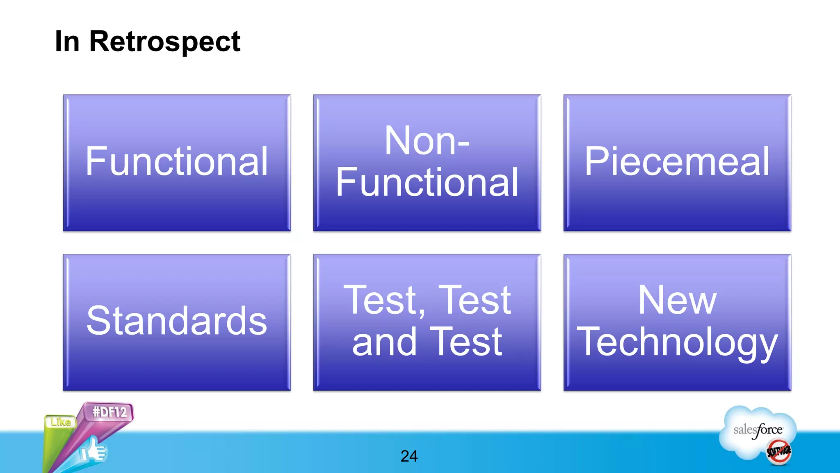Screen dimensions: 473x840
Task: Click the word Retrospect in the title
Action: click(164, 42)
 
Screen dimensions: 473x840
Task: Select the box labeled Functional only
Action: click(177, 162)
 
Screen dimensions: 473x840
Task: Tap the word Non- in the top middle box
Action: click(427, 141)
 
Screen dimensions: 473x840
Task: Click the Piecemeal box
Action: click(677, 162)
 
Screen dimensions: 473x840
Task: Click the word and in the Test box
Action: click(384, 342)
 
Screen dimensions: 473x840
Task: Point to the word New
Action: click(677, 301)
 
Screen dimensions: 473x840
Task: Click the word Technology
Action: click(677, 342)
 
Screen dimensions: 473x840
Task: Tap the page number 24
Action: click(409, 456)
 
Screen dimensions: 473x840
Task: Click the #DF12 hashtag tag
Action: click(109, 412)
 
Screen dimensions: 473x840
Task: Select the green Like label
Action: click(61, 422)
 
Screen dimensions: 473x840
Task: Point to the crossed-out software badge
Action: click(779, 452)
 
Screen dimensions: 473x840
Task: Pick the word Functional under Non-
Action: click(427, 183)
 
